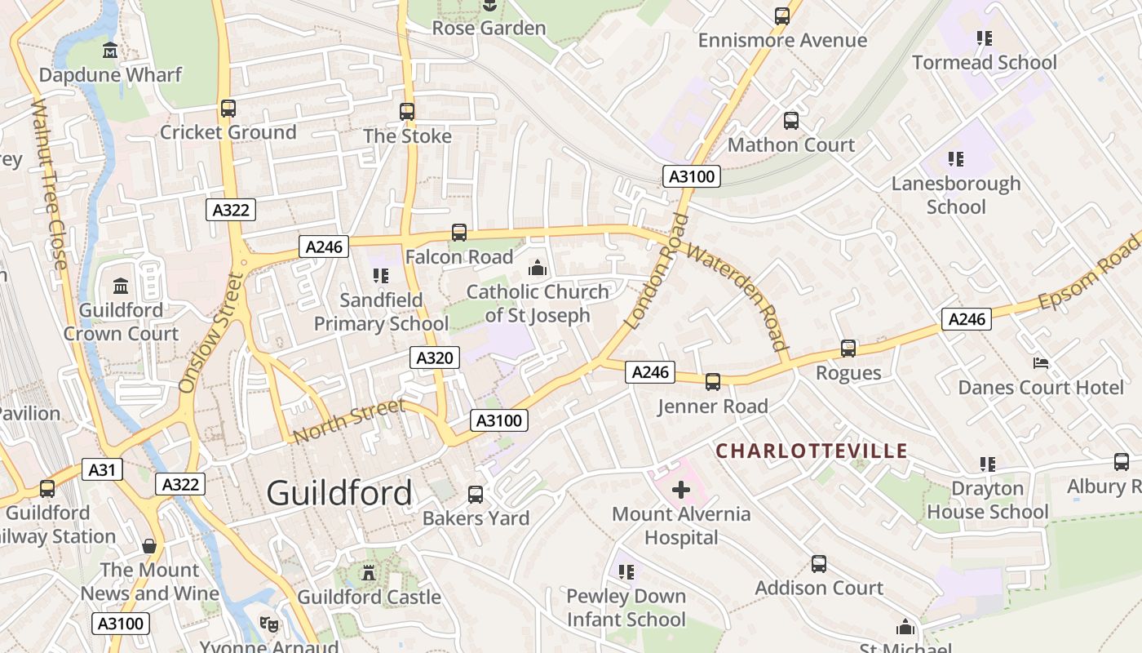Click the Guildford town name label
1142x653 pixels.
click(339, 493)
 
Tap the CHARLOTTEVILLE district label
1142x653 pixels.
click(812, 451)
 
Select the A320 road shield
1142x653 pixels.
click(434, 358)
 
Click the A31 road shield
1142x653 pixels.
click(102, 469)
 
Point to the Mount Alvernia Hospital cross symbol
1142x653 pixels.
click(681, 490)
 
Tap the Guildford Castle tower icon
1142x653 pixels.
click(369, 573)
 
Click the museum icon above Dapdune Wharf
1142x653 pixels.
click(110, 51)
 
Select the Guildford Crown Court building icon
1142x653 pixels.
click(121, 286)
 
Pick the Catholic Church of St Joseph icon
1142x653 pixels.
click(537, 268)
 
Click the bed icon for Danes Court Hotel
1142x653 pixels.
click(1041, 362)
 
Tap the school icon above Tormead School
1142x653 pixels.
click(985, 38)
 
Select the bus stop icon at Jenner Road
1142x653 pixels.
click(713, 381)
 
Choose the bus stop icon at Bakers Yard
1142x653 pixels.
click(476, 494)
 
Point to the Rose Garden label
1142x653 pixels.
click(489, 28)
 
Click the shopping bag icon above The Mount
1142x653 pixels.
click(149, 545)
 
